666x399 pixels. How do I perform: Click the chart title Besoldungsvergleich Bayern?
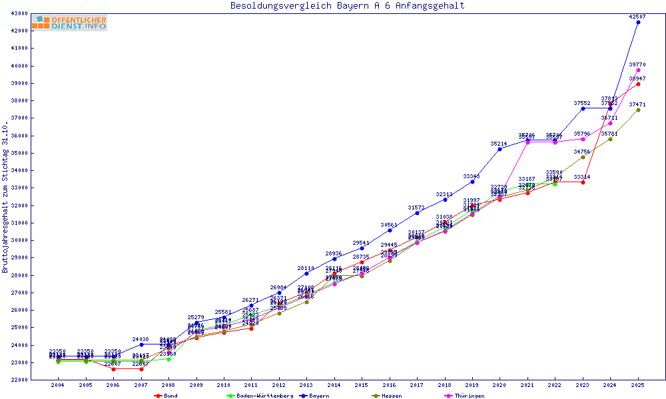(347, 6)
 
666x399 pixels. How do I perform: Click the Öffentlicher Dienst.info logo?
(69, 23)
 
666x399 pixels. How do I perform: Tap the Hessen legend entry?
(390, 396)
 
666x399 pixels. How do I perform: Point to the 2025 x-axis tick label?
(638, 385)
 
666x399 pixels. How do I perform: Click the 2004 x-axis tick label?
(58, 385)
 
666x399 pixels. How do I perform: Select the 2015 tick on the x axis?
(362, 385)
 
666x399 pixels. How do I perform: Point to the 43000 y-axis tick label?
(19, 13)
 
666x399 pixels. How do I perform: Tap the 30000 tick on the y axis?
(19, 240)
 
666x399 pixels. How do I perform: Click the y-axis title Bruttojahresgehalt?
(5, 197)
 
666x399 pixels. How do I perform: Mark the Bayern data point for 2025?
(638, 22)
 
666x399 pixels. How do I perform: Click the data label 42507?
(637, 16)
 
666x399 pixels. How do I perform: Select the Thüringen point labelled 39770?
(638, 70)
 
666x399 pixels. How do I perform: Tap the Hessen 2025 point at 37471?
(638, 110)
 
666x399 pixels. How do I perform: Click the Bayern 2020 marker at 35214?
(499, 149)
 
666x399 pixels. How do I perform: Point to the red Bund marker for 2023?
(583, 182)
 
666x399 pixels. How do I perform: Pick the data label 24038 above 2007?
(141, 339)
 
